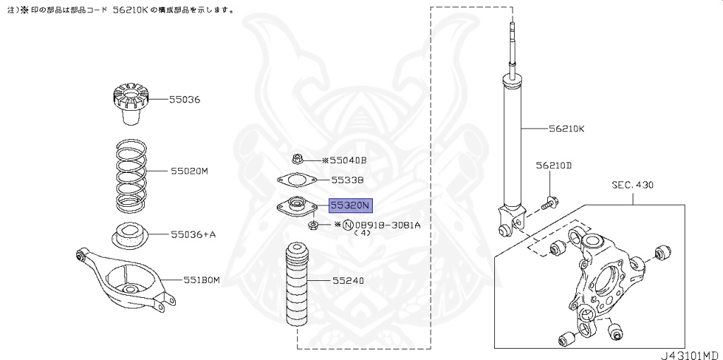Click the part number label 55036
coord(184,100)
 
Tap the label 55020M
coord(189,172)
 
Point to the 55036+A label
coord(193,234)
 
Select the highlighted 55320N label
coord(349,206)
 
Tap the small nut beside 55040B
coord(297,160)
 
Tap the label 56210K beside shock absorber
coord(567,130)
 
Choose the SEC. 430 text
coord(633,185)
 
